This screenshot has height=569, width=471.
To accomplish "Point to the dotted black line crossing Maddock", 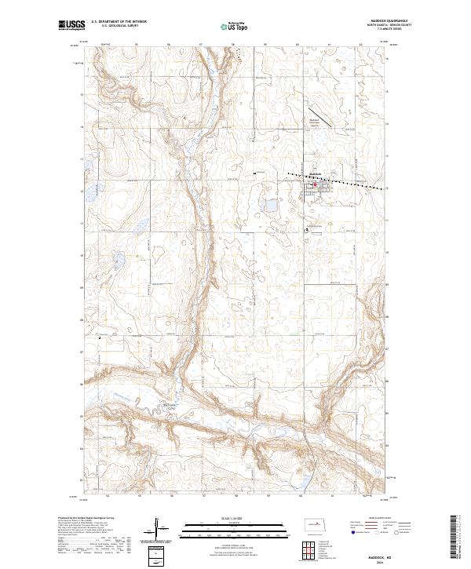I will pyautogui.click(x=338, y=180).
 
